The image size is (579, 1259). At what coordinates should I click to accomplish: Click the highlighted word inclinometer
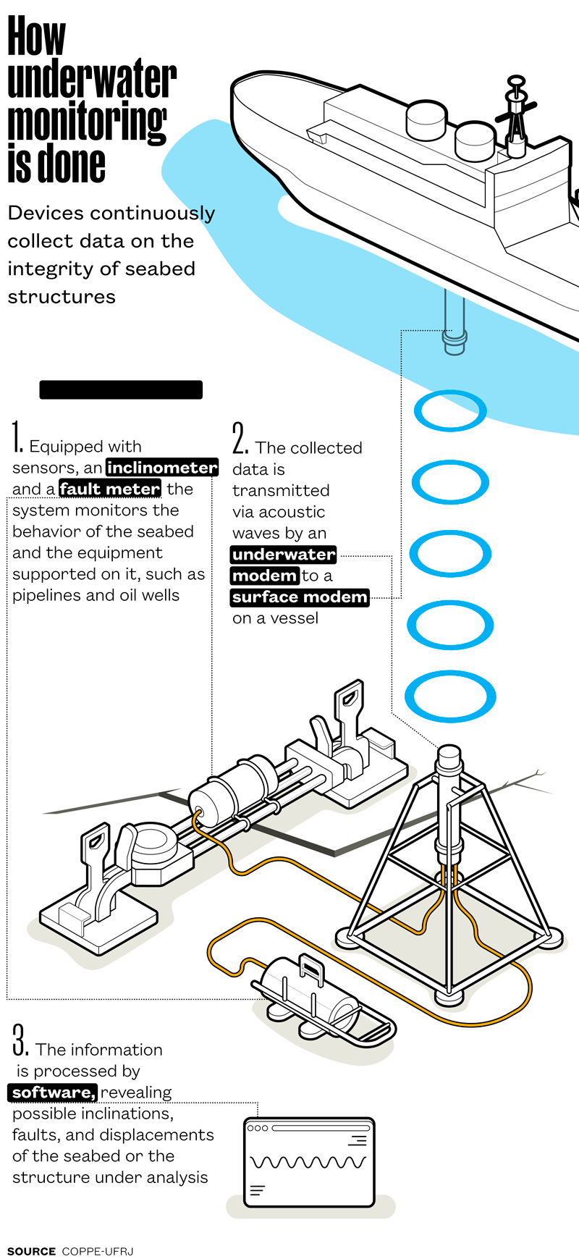[x=162, y=468]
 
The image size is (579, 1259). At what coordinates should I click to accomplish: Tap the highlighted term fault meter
[x=110, y=489]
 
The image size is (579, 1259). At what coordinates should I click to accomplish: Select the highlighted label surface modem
[x=300, y=597]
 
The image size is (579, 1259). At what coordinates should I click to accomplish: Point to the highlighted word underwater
[x=284, y=555]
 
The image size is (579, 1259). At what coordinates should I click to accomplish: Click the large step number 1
[x=17, y=437]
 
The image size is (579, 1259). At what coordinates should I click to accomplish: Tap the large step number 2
[x=240, y=439]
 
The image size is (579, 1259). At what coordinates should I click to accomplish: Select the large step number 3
[x=20, y=1040]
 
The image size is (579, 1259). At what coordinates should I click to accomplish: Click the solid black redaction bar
[x=121, y=390]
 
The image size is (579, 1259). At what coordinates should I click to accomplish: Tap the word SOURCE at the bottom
[x=31, y=1251]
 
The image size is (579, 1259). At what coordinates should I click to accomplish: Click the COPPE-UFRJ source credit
[x=98, y=1251]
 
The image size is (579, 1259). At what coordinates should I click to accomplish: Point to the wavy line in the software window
[x=308, y=1163]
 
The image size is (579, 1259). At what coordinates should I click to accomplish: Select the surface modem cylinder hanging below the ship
[x=454, y=322]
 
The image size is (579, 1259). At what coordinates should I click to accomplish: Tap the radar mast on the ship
[x=516, y=116]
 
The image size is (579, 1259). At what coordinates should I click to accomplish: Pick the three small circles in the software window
[x=258, y=1128]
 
